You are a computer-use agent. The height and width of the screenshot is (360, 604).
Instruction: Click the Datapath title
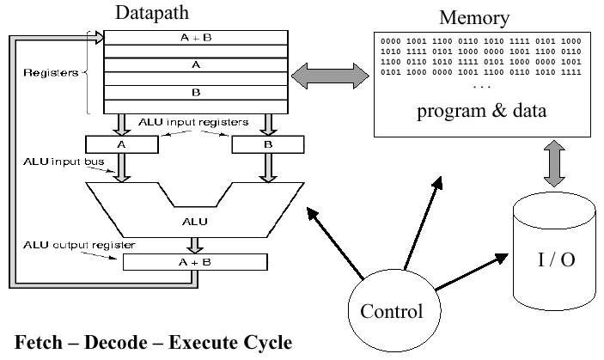(x=152, y=13)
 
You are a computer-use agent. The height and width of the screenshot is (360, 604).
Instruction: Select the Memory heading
(x=474, y=18)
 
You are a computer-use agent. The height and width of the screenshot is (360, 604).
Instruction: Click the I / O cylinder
(x=554, y=252)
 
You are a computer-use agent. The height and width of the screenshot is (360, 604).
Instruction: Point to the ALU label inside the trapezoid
(x=195, y=222)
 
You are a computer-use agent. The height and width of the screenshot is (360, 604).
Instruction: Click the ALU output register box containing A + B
(x=195, y=262)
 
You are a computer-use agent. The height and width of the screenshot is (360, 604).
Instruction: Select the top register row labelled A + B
(x=196, y=38)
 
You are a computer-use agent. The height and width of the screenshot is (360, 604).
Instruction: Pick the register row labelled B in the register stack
(x=196, y=93)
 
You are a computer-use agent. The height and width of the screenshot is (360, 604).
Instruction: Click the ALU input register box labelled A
(x=122, y=144)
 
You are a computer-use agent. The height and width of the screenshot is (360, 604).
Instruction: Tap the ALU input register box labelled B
(x=268, y=144)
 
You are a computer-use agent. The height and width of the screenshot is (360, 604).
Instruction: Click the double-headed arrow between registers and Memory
(x=330, y=76)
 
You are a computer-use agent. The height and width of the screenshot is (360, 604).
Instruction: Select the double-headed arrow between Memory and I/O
(x=554, y=163)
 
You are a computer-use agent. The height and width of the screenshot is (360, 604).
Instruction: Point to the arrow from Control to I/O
(x=472, y=272)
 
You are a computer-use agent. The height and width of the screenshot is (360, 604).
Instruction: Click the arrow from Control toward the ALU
(x=335, y=243)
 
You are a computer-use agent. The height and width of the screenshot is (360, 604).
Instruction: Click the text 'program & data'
(x=481, y=111)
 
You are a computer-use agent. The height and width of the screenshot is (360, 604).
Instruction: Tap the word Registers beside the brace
(x=51, y=73)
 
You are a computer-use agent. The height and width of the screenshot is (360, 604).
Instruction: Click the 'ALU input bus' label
(x=64, y=162)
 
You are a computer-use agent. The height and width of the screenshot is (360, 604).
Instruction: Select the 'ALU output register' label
(x=79, y=245)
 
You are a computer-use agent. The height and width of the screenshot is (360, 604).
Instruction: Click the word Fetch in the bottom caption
(x=39, y=342)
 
